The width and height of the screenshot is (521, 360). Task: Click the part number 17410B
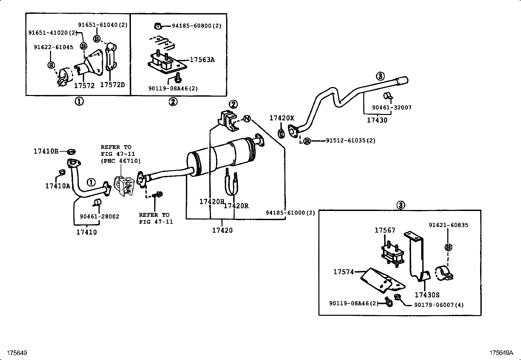pos(46,151)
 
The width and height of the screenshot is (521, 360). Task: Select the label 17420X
pos(282,118)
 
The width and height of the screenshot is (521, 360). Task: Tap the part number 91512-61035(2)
pos(350,141)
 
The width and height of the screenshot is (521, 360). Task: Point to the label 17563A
pos(202,60)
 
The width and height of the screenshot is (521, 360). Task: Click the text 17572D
pos(112,85)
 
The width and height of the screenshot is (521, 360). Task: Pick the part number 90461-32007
pos(392,107)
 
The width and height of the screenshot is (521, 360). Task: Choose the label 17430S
pos(427,295)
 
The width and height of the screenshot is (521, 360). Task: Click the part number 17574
pos(344,272)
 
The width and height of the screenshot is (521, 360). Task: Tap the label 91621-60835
pos(448,225)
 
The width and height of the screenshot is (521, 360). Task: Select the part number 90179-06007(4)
pos(439,305)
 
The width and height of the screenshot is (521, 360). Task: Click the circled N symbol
pos(247,119)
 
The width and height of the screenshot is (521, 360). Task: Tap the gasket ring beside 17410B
pos(71,152)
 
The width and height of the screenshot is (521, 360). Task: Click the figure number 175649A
pos(501,353)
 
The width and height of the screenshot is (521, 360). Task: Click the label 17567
pos(385,230)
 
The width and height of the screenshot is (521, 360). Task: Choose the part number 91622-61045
pos(53,47)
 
